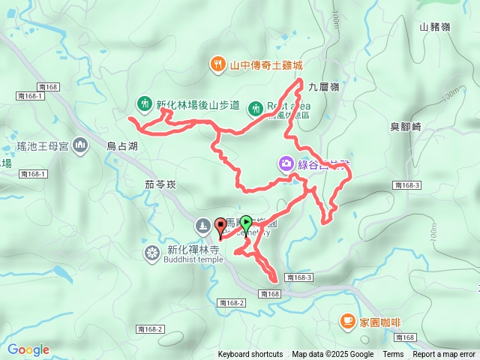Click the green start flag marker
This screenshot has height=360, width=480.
pos(245,223)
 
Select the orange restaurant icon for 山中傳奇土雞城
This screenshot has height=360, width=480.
pos(217,64)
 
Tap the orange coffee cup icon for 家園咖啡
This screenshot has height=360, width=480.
pos(347,322)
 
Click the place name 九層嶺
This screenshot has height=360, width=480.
pos(325,87)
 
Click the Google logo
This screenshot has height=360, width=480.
pos(28,349)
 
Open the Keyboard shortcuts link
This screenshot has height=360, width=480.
pos(250,355)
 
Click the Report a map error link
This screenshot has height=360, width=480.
pos(443,355)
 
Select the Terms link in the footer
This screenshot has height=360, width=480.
pos(393,355)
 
